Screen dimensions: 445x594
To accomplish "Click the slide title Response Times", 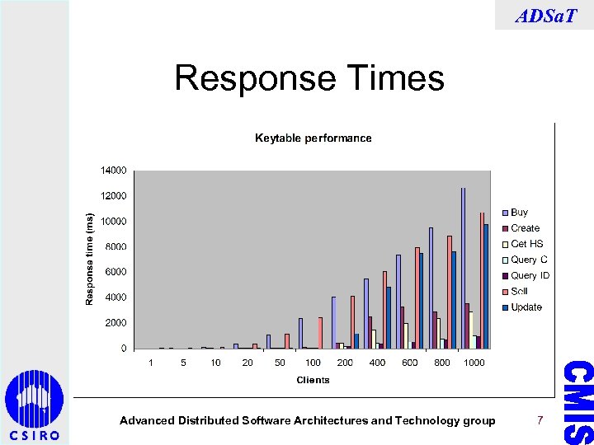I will pyautogui.click(x=309, y=79).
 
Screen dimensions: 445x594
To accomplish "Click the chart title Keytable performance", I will pyautogui.click(x=313, y=138).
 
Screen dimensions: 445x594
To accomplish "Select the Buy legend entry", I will pyautogui.click(x=519, y=213).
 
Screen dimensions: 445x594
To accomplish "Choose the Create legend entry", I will pyautogui.click(x=525, y=228).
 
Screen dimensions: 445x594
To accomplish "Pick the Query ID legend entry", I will pyautogui.click(x=530, y=275).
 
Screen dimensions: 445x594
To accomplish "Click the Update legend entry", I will pyautogui.click(x=526, y=307).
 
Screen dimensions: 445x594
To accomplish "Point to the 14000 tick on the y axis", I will pyautogui.click(x=113, y=171).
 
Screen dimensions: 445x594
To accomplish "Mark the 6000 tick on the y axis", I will pyautogui.click(x=115, y=272).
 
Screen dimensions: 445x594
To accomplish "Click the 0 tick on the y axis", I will pyautogui.click(x=124, y=349).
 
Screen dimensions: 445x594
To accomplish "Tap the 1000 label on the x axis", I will pyautogui.click(x=474, y=363).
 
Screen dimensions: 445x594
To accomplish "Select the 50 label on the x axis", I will pyautogui.click(x=280, y=363).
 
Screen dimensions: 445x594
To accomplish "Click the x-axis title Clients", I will pyautogui.click(x=313, y=380).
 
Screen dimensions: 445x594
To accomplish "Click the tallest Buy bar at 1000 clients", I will pyautogui.click(x=464, y=268).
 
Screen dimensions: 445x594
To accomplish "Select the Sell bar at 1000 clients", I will pyautogui.click(x=482, y=280).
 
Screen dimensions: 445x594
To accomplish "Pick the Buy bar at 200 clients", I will pyautogui.click(x=334, y=322).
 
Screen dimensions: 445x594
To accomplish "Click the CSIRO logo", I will pyautogui.click(x=34, y=405).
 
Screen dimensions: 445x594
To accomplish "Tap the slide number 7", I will pyautogui.click(x=540, y=420).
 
